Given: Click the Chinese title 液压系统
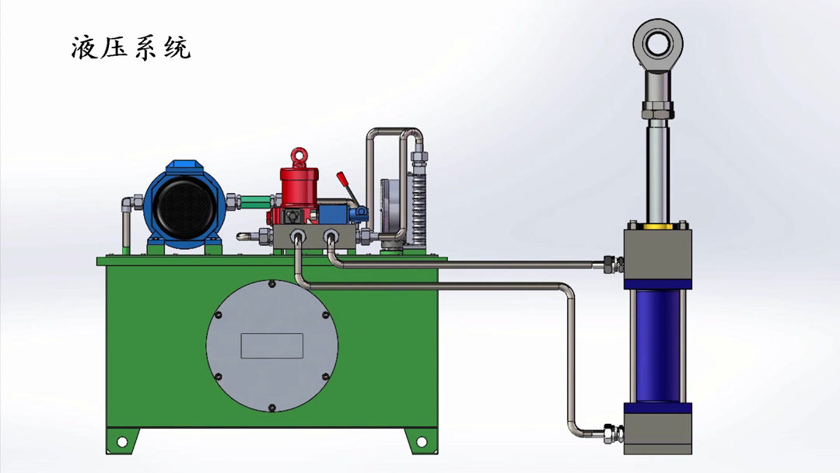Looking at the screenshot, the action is coord(131,47).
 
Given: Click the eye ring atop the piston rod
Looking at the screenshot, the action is coord(658,44).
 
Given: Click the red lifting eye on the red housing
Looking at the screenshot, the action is coord(299,156).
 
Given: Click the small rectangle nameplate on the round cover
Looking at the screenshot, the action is coord(272,345).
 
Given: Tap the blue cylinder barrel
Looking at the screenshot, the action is coord(657,346).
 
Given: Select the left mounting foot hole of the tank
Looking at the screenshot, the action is coord(121,442).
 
